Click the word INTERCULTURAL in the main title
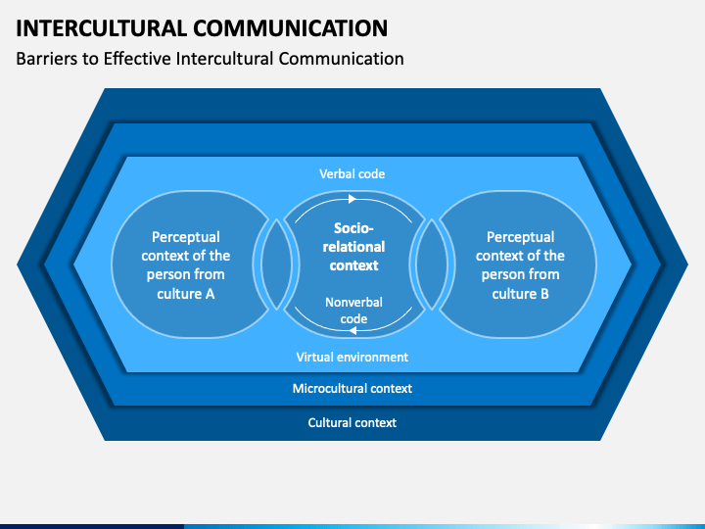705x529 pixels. tap(101, 27)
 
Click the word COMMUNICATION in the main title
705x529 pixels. tap(291, 27)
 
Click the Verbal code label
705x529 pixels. tap(352, 174)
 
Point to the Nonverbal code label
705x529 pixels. tap(353, 311)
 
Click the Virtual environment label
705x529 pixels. tap(352, 358)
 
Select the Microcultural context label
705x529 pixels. tap(352, 389)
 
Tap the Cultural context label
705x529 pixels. tap(352, 423)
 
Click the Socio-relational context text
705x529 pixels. tap(353, 247)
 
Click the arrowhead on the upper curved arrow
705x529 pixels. tap(352, 199)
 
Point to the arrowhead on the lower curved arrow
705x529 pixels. tap(352, 331)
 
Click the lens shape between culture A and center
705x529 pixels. tap(276, 264)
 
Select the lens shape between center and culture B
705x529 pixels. tap(432, 264)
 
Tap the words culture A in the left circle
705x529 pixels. tap(186, 294)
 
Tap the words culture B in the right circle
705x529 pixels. tap(520, 294)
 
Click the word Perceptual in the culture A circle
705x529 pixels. tap(186, 237)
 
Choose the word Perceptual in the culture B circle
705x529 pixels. tap(520, 237)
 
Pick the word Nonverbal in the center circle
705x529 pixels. tap(353, 303)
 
